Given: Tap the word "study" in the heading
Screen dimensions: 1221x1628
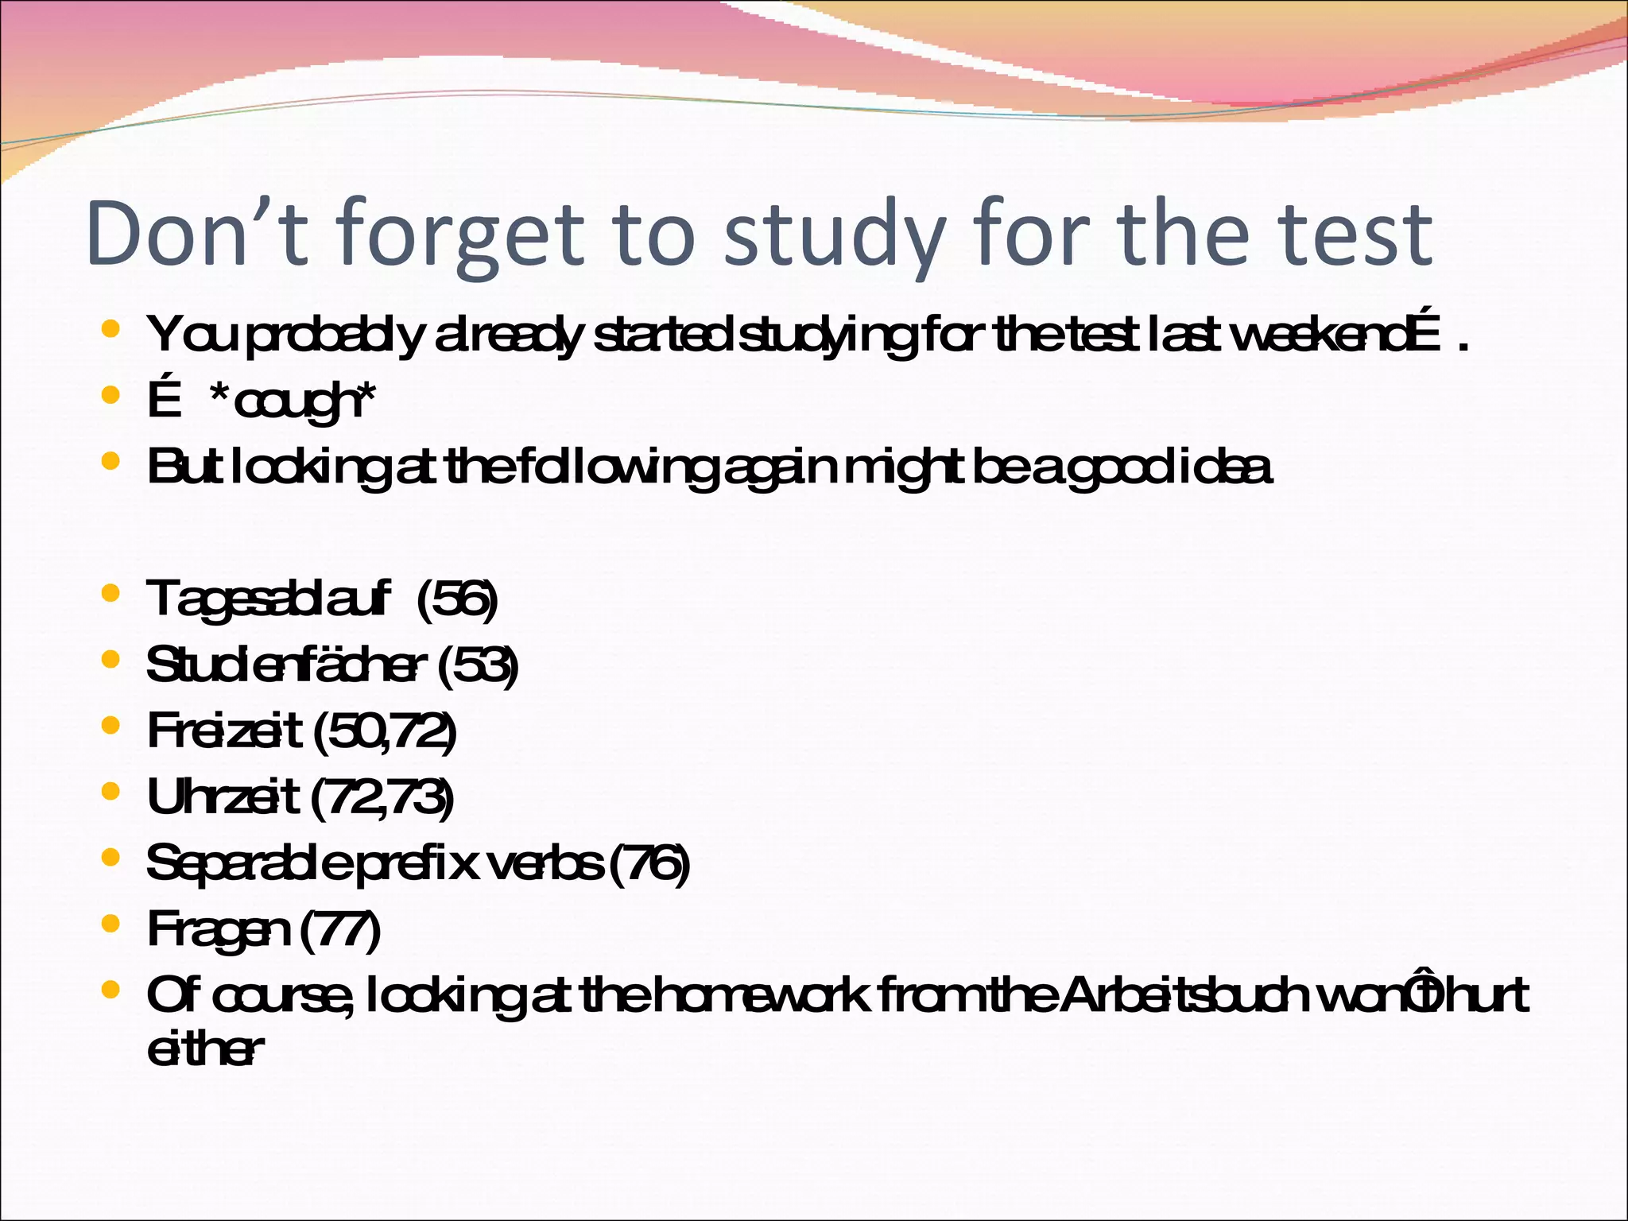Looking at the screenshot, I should coord(835,235).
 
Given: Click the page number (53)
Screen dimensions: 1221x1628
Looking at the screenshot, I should coord(478,665).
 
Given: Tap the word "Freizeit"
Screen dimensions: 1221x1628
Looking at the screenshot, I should coord(224,731).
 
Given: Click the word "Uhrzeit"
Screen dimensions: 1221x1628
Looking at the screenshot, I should coord(223,797).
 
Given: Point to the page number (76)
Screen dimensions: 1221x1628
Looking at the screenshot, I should coord(649,863).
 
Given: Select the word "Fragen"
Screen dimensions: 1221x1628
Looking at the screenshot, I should coord(218,929).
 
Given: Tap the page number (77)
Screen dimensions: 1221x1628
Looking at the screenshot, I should coord(340,929).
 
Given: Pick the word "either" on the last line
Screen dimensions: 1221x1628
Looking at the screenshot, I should coord(203,1049).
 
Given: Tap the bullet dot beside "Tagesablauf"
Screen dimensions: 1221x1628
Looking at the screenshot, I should coord(111,593).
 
